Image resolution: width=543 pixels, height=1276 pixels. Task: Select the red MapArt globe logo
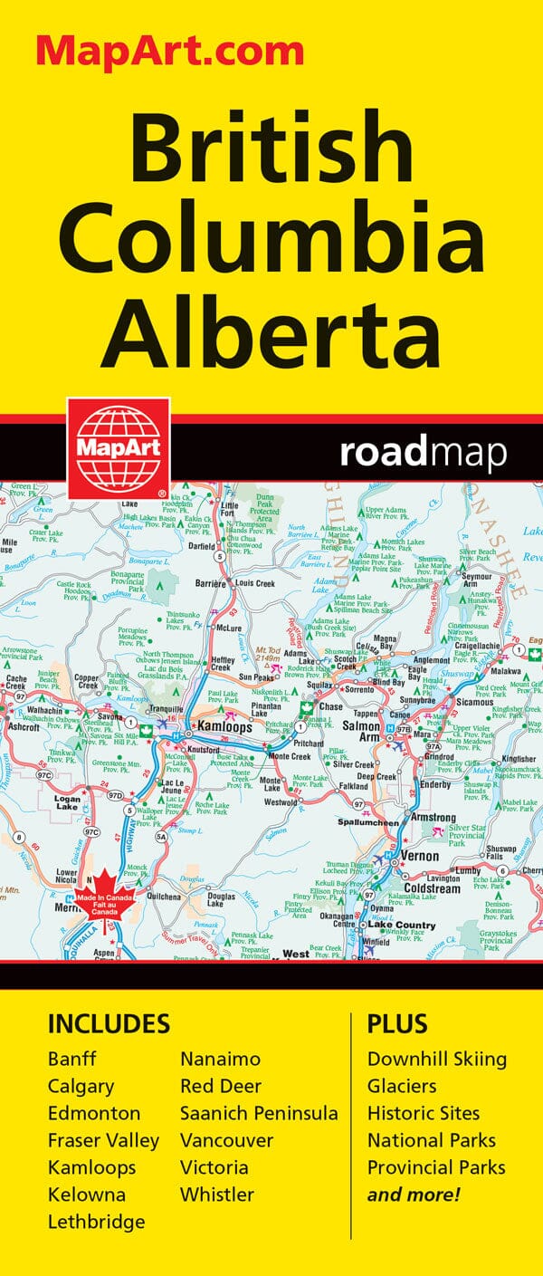117,446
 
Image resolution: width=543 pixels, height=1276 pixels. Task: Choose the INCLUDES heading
109,1023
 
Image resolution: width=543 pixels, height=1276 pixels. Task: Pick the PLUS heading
395,1023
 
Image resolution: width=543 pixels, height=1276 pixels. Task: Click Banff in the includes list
71,1059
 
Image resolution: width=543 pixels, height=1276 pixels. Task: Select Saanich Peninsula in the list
258,1113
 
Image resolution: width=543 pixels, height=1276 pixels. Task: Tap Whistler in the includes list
217,1194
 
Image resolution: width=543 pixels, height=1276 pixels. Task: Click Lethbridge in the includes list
96,1222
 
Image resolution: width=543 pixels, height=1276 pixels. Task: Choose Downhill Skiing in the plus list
436,1059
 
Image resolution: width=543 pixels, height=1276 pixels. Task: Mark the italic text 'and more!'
414,1194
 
